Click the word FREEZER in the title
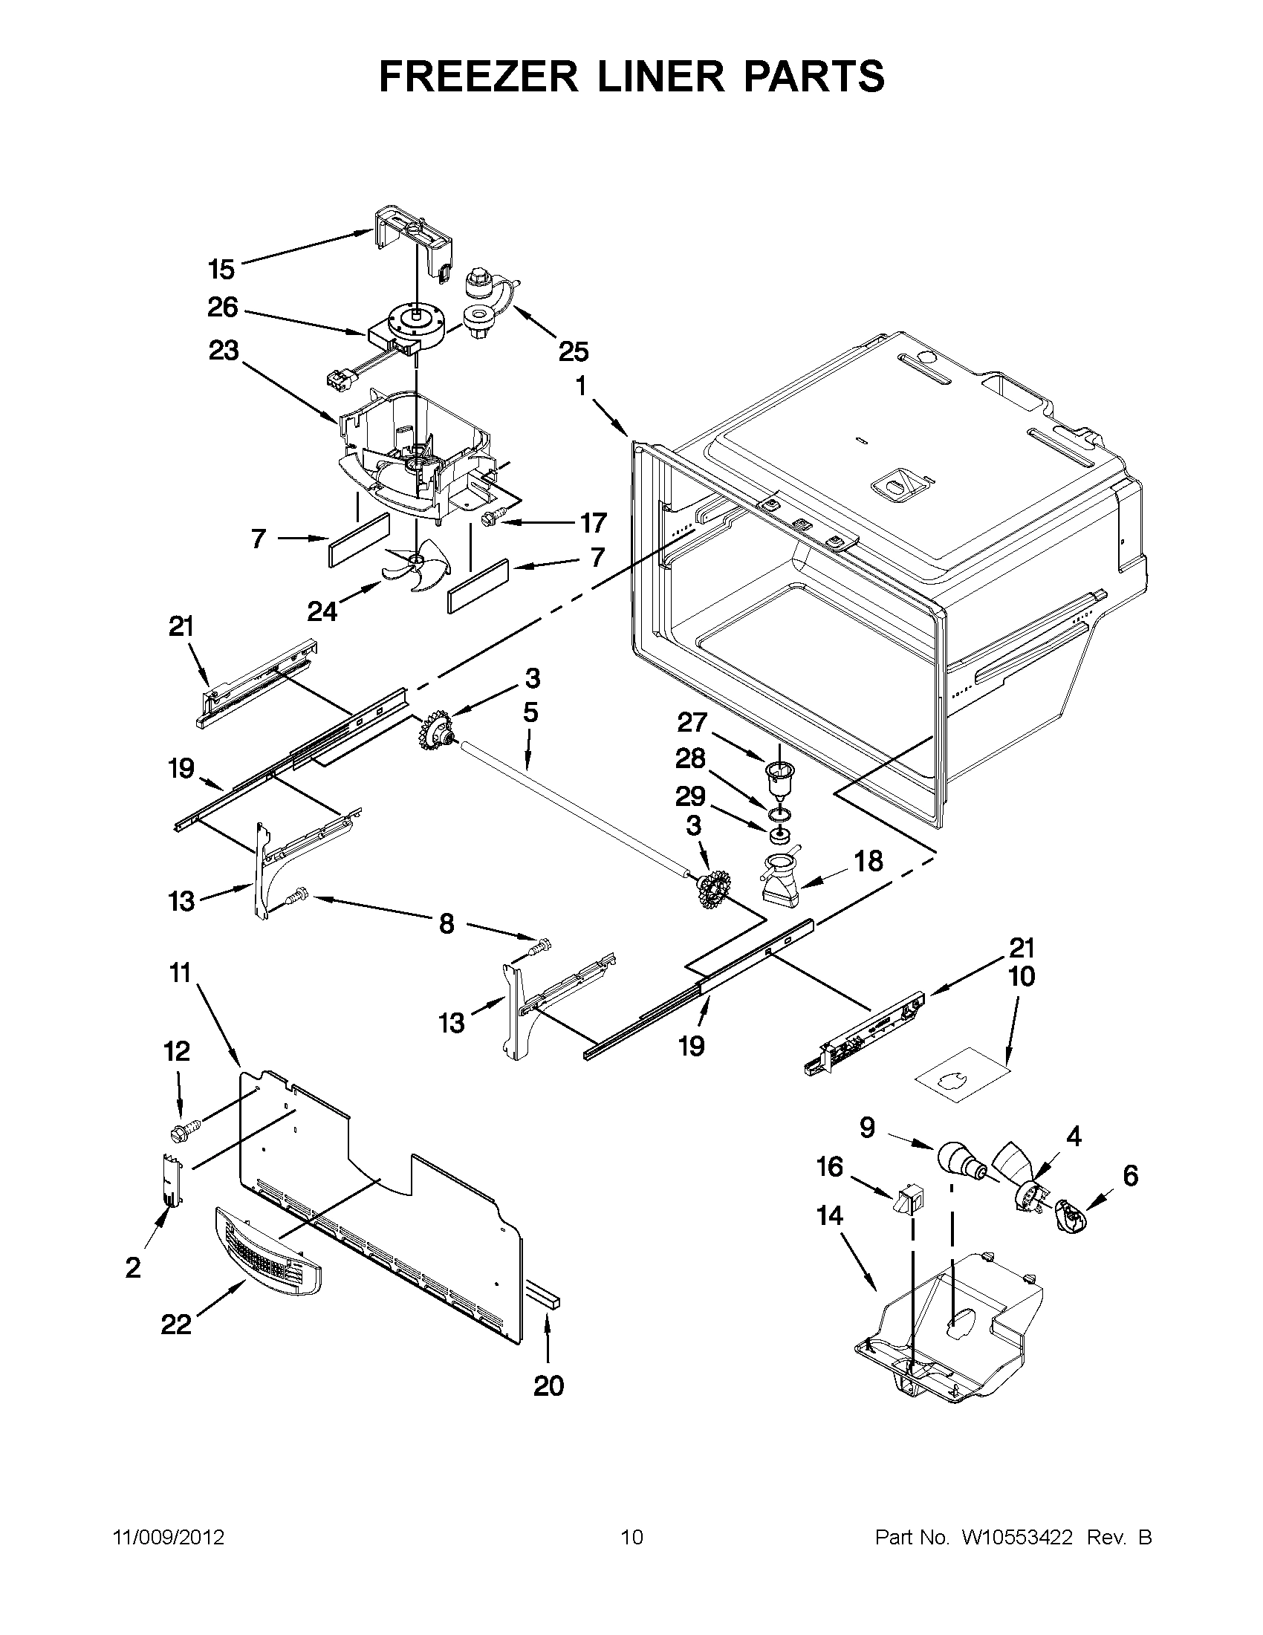click(479, 77)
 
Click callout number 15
click(221, 268)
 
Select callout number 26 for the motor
click(222, 307)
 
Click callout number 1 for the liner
click(581, 386)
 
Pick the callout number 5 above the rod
click(530, 712)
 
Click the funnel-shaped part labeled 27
click(779, 779)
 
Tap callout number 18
click(868, 861)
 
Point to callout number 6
click(1130, 1175)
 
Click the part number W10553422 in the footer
click(1016, 1538)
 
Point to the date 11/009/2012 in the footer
click(168, 1538)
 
